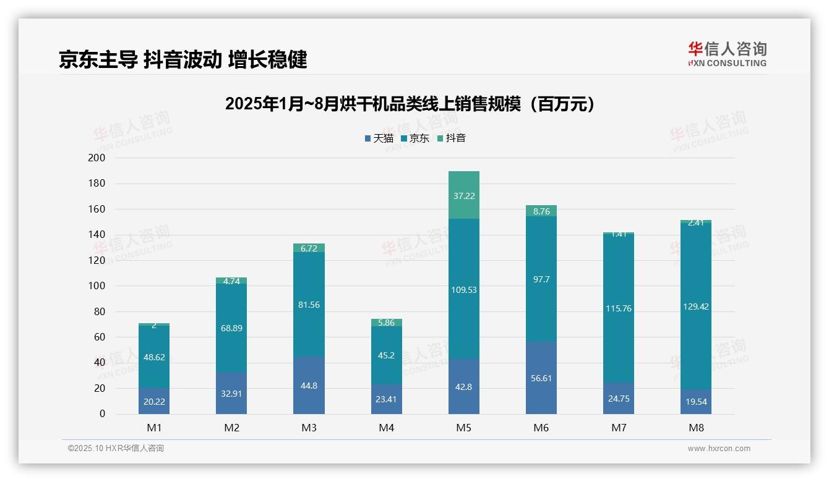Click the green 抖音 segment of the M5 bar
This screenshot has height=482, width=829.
point(463,195)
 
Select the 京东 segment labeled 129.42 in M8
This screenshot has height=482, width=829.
point(695,306)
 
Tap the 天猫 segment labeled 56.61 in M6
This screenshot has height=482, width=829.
point(541,378)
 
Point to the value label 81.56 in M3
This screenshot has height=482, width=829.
point(309,305)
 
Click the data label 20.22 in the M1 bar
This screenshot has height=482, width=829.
point(154,401)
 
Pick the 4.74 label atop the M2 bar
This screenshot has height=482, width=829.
point(231,281)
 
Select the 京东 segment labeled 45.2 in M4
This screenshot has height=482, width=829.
point(386,356)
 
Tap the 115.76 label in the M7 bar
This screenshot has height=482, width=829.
point(618,308)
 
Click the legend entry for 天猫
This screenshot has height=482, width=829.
point(379,138)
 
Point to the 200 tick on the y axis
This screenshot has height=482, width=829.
point(97,158)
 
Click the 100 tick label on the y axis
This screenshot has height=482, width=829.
point(97,286)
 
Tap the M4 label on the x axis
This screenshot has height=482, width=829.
point(386,428)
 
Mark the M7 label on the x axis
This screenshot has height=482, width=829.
point(618,428)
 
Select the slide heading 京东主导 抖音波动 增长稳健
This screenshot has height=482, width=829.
point(183,59)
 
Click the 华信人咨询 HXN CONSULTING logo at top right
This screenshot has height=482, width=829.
point(727,54)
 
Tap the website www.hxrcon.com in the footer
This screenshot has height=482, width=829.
point(718,449)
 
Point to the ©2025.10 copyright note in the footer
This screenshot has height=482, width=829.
point(116,449)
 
